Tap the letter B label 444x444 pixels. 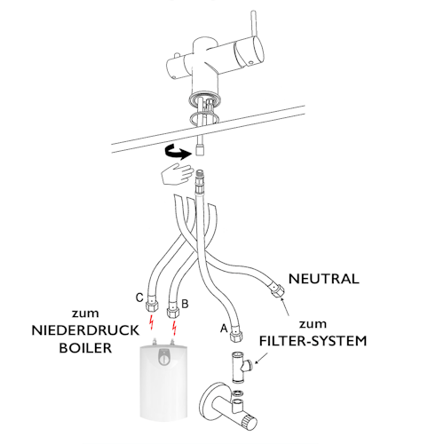pyautogui.click(x=185, y=303)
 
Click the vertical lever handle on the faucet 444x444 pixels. pyautogui.click(x=255, y=36)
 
